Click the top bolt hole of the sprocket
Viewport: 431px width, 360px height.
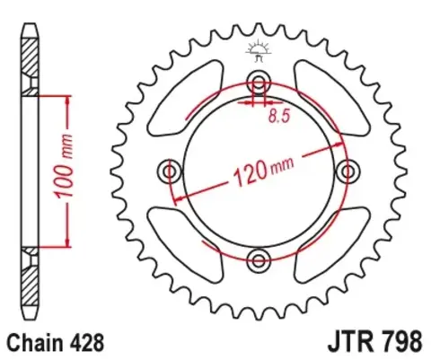[259, 77]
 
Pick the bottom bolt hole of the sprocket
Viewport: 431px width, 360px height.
[259, 261]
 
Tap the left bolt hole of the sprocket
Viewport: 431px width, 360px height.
[168, 170]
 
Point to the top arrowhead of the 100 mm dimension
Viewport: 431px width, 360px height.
[66, 98]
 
